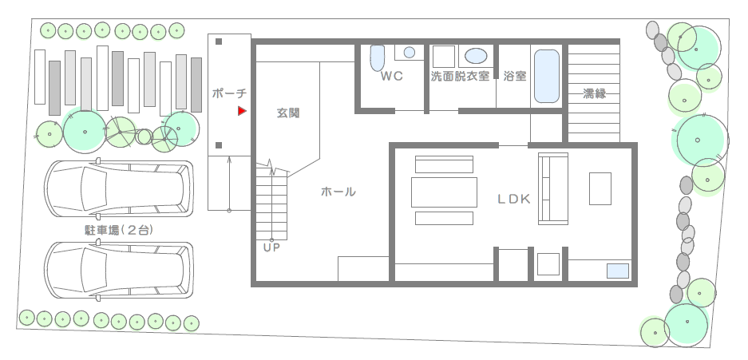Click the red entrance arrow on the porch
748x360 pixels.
tap(242, 111)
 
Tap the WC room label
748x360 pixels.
tap(392, 77)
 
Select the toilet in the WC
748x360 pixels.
tap(378, 58)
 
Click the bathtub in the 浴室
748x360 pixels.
tap(547, 77)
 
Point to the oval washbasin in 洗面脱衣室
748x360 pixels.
tap(476, 56)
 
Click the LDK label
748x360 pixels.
tap(514, 200)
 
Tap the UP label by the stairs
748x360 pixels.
tap(271, 248)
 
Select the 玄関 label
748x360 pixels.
tap(289, 113)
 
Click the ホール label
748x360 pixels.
tap(338, 192)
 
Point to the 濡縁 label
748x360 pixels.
tap(595, 93)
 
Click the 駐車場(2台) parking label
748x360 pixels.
tap(119, 231)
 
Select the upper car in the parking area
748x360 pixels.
tap(119, 188)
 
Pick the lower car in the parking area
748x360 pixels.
tap(119, 271)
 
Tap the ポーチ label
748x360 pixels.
tap(229, 93)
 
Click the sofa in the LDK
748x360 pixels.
tap(553, 188)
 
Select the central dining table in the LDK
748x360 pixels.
tap(444, 192)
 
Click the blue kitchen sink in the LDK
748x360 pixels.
tap(618, 271)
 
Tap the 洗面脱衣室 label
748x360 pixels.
tap(460, 77)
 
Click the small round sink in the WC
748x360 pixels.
tap(410, 53)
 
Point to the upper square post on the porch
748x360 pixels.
tap(219, 42)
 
